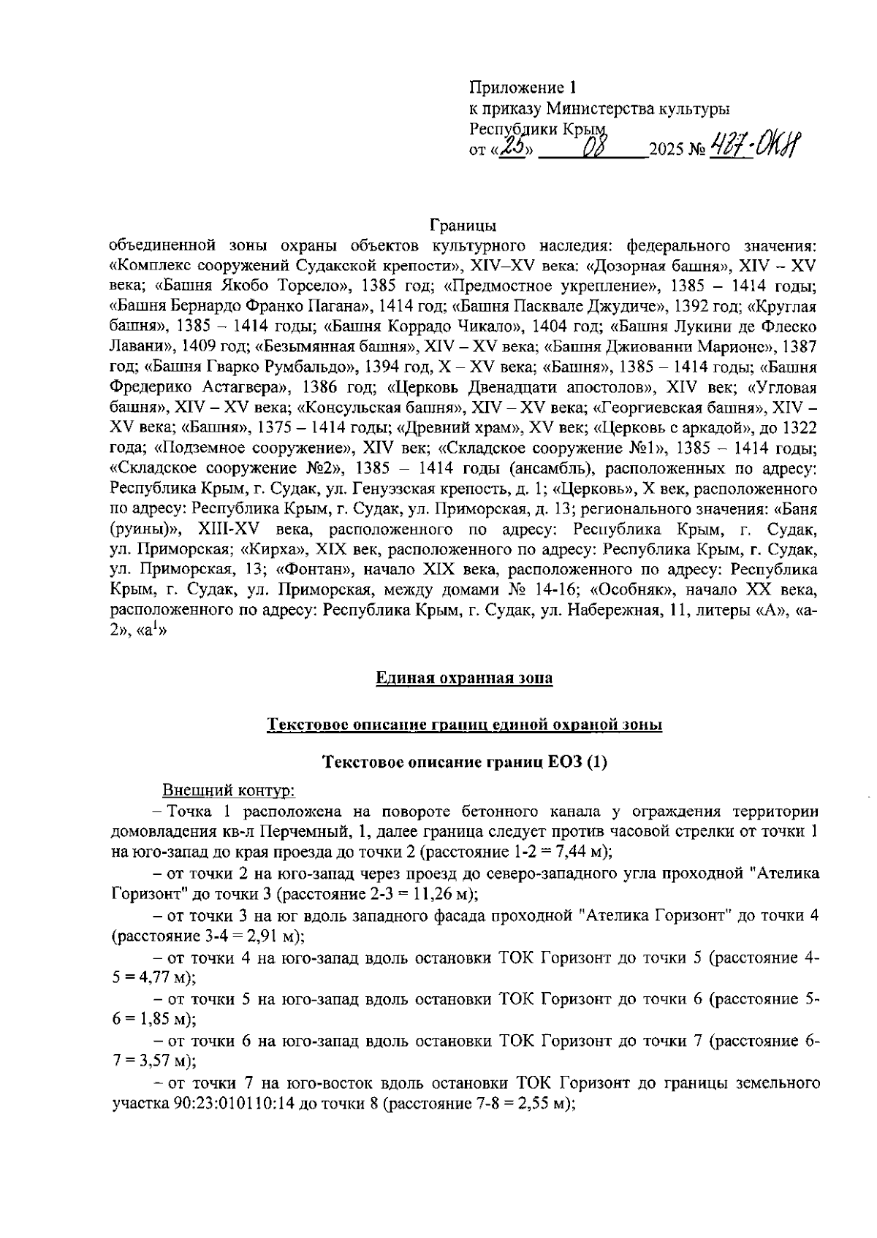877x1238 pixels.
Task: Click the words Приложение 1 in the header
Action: coord(523,88)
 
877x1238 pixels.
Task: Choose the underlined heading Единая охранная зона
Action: coord(464,679)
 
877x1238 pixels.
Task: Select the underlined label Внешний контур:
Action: coord(228,791)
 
